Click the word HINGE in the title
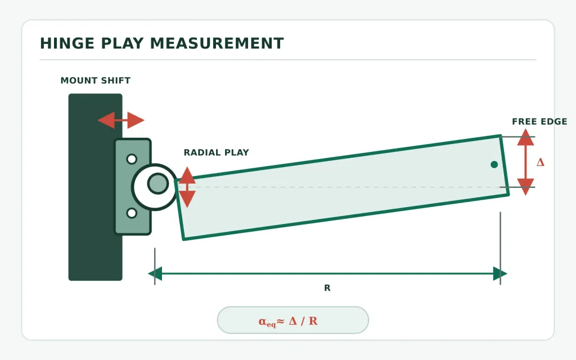click(67, 43)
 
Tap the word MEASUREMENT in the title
click(217, 43)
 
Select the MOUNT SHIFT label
click(96, 80)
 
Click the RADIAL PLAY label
click(217, 152)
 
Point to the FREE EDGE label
click(539, 121)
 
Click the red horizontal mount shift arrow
click(121, 120)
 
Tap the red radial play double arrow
click(187, 187)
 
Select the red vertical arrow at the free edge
click(526, 161)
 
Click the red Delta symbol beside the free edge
click(541, 163)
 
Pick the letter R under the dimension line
click(327, 288)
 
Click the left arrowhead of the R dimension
click(155, 274)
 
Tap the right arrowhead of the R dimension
click(500, 274)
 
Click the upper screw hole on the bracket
click(132, 159)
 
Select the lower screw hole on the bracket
click(132, 213)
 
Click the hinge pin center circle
click(158, 183)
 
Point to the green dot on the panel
click(494, 165)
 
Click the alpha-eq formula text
click(288, 321)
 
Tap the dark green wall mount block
click(96, 187)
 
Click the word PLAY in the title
click(122, 43)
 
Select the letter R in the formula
click(313, 321)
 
